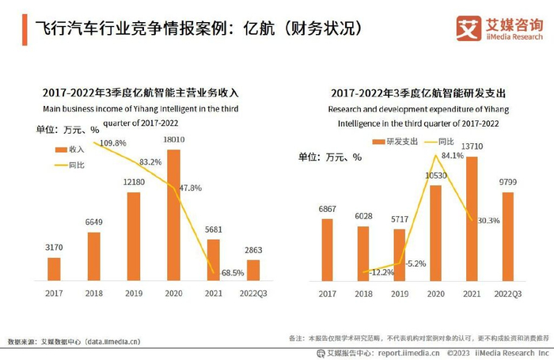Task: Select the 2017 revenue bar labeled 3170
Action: (54, 268)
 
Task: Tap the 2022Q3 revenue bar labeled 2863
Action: (254, 270)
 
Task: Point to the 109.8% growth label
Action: (110, 142)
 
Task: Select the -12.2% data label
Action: (383, 272)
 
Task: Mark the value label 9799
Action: (508, 183)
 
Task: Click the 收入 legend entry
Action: (71, 150)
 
